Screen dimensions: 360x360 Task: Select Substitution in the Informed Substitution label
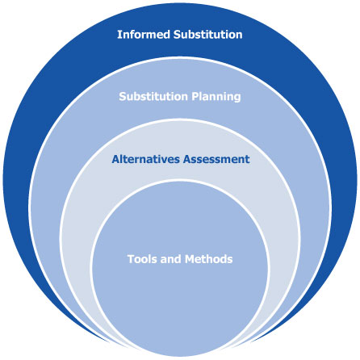(207, 36)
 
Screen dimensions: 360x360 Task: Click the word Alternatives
(145, 159)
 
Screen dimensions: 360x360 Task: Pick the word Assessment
(216, 159)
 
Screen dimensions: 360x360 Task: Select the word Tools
(142, 259)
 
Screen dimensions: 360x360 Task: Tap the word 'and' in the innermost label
(170, 259)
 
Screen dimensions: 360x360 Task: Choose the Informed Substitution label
(179, 36)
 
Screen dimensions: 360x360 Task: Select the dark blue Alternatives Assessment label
(180, 159)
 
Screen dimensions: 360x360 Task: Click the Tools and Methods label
(179, 259)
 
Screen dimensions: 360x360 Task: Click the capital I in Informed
(119, 36)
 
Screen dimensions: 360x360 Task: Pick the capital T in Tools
(130, 259)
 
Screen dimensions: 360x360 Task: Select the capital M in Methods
(187, 259)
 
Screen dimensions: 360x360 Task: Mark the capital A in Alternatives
(115, 159)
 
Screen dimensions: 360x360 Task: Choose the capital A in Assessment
(186, 159)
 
